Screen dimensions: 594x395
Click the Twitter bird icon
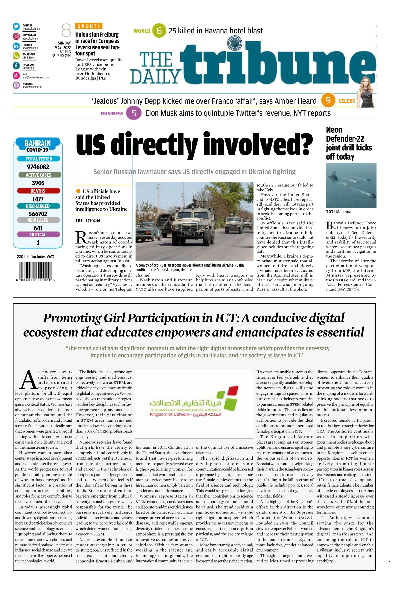tap(16, 27)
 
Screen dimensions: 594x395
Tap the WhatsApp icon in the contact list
tap(16, 56)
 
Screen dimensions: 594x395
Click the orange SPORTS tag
tap(89, 26)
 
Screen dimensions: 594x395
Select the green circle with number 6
tap(159, 31)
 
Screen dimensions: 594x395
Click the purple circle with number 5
tap(134, 113)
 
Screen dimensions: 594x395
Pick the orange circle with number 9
tap(328, 100)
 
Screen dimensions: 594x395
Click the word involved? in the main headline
tap(258, 145)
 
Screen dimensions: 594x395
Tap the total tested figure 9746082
tap(38, 167)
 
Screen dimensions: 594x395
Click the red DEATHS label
tap(38, 191)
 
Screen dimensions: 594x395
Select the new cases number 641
tap(38, 228)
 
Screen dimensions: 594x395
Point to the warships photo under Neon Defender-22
tap(351, 185)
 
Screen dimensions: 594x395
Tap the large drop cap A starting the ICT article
tap(28, 380)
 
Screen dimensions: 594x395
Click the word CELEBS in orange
tap(347, 101)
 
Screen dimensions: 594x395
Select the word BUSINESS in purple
tap(112, 114)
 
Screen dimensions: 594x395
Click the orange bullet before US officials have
tap(78, 191)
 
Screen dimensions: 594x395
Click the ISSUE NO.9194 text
tap(61, 56)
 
